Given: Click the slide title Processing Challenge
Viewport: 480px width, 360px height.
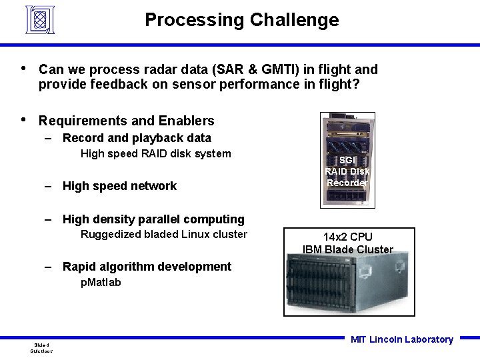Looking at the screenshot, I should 241,20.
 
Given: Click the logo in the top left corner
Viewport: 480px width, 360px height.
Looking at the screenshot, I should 39,19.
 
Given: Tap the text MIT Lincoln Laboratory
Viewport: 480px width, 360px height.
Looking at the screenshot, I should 401,339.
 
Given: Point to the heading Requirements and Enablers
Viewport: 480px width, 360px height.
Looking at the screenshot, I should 126,121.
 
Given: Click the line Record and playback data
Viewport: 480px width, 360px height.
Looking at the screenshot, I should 137,138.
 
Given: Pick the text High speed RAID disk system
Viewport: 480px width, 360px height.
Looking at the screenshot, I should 155,154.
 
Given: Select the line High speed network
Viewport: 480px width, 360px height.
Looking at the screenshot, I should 119,186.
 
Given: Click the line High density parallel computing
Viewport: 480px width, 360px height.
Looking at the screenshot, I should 153,219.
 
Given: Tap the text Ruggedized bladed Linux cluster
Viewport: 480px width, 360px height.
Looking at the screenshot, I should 163,234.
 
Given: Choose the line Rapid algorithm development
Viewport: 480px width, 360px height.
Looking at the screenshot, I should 147,267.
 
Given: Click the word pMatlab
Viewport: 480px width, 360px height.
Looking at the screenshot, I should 101,282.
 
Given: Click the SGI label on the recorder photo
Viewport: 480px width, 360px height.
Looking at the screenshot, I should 347,160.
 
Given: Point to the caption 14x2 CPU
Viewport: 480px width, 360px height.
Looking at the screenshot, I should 347,237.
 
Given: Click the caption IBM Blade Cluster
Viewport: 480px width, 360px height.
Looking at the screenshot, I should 347,250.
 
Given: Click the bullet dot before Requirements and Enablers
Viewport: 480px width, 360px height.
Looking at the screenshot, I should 24,120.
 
